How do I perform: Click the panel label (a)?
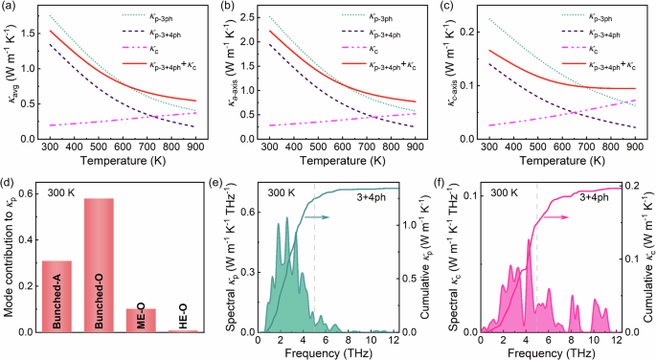pos(10,7)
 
